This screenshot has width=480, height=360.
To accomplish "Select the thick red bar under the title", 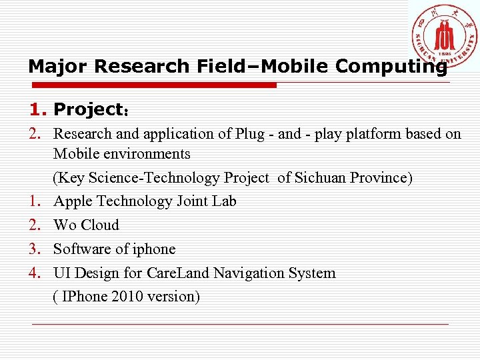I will pos(153,85).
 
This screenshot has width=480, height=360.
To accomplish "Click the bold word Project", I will pos(88,109).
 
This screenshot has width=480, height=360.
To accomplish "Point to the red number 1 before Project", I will pos(35,109).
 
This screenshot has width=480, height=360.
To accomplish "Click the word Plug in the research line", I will pos(250,134).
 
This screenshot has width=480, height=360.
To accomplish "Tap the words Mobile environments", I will pos(122,154).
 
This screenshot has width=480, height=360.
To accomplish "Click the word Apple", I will pos(71,201).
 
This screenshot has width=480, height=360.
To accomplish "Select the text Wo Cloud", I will pos(86,225).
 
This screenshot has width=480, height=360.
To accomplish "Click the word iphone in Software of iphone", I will pos(154,249).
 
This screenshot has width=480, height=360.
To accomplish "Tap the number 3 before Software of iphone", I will pos(35,249).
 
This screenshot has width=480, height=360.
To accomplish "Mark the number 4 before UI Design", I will pos(35,273).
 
